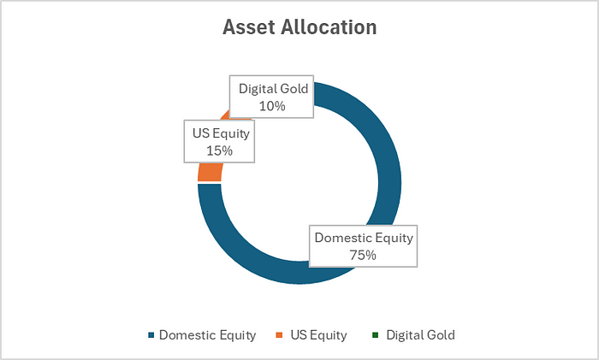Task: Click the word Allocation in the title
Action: click(329, 27)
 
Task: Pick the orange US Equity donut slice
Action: click(210, 172)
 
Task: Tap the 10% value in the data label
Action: click(272, 106)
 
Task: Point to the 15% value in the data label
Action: click(219, 150)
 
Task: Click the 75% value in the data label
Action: click(363, 255)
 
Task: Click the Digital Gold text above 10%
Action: click(274, 89)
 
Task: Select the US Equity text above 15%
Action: click(221, 133)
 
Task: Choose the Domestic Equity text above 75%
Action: click(364, 238)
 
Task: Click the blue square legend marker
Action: click(151, 335)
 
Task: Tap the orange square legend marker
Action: click(279, 335)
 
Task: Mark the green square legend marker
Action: click(375, 335)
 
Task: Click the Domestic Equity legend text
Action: click(207, 335)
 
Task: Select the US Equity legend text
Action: click(318, 335)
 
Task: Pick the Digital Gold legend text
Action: click(421, 335)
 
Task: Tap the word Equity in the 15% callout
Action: click(231, 134)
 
